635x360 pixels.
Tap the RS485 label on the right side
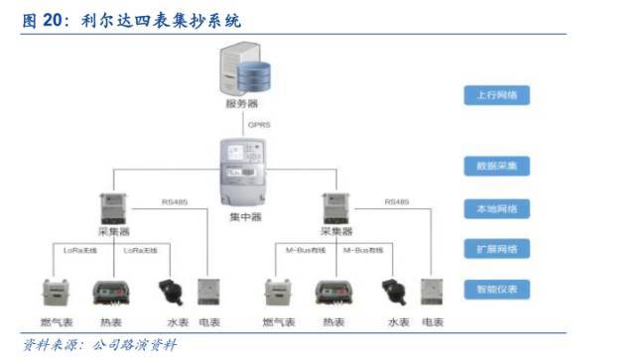(x=396, y=202)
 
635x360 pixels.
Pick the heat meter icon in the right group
(x=333, y=294)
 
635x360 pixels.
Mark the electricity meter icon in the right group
(x=432, y=294)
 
